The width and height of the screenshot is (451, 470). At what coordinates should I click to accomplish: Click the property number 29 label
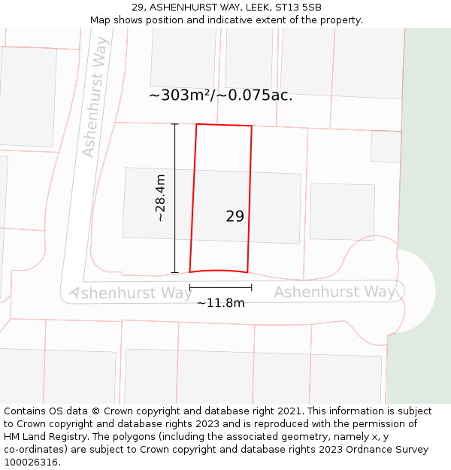(235, 217)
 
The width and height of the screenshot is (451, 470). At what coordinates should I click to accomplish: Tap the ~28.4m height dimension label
(160, 198)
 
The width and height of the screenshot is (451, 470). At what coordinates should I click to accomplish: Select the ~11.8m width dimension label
(221, 303)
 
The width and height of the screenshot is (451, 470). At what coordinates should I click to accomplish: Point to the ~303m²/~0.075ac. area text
(221, 96)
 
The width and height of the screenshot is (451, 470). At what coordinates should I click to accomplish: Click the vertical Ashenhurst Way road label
(95, 98)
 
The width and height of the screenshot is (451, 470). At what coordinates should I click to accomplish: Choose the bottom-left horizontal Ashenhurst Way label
(131, 293)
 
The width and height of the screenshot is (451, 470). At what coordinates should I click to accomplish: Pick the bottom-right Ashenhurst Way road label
(335, 292)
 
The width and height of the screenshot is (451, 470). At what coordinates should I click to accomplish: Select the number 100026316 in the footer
(30, 462)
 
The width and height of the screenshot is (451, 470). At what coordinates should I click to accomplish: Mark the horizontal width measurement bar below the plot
(221, 287)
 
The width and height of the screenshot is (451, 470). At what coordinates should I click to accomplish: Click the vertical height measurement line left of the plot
(175, 198)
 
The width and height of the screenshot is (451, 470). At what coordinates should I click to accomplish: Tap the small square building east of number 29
(342, 211)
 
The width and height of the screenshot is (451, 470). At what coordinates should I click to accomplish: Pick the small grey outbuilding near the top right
(386, 147)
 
